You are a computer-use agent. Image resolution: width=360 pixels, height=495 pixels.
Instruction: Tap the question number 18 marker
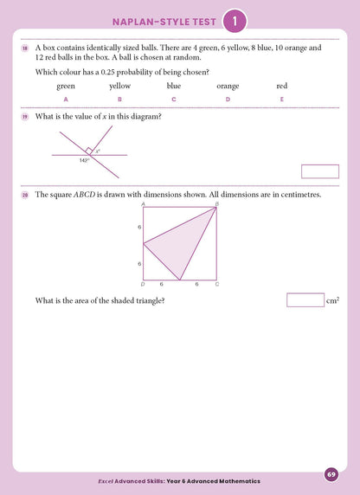pos(26,48)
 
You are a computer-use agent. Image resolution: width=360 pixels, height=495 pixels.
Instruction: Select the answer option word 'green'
pos(66,87)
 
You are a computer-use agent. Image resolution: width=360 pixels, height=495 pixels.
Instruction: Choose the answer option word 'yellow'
pos(119,87)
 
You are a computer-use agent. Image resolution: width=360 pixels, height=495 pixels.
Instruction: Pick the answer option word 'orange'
pos(228,87)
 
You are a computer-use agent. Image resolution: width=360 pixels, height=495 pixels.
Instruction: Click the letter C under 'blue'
pos(174,100)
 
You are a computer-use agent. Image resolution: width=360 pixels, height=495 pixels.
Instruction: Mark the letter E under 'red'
pos(282,100)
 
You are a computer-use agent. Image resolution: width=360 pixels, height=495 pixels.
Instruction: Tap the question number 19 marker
pos(26,116)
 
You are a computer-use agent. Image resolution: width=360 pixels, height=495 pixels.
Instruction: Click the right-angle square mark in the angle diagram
pos(89,151)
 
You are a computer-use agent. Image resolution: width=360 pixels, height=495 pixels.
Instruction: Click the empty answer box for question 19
pos(318,171)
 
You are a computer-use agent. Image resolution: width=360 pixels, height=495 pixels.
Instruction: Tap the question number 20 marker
pos(26,195)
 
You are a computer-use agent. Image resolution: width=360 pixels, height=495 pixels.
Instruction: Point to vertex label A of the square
pos(143,204)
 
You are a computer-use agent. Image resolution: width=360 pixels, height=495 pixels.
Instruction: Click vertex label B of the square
pos(216,204)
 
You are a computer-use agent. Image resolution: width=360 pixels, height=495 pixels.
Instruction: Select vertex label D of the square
pos(143,284)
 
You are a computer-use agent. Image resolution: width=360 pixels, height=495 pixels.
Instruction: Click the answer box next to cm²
pos(304,300)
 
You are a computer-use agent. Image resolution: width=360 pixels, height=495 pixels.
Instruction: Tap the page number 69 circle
pos(331,474)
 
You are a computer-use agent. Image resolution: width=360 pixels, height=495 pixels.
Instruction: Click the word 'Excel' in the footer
pos(106,480)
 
